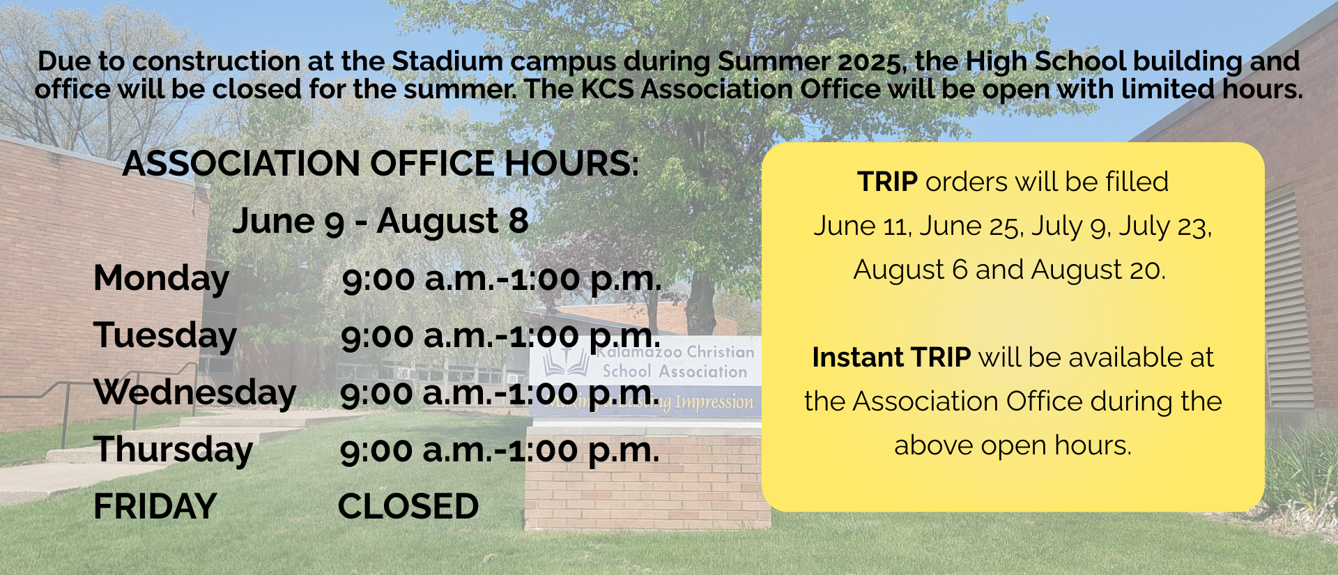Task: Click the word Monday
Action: pos(162,279)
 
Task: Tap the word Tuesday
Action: pos(165,335)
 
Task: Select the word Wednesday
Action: pos(195,392)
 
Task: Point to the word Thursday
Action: pos(174,450)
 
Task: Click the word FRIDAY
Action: pos(155,507)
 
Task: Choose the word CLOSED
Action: pos(408,507)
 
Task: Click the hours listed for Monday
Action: pos(502,279)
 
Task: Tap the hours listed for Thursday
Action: pos(500,450)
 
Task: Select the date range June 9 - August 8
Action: pos(380,222)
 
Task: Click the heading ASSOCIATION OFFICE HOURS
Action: pos(380,164)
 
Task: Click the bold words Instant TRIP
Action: pos(891,358)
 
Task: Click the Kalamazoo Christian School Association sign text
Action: pos(675,362)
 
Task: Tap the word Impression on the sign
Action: pos(714,403)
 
